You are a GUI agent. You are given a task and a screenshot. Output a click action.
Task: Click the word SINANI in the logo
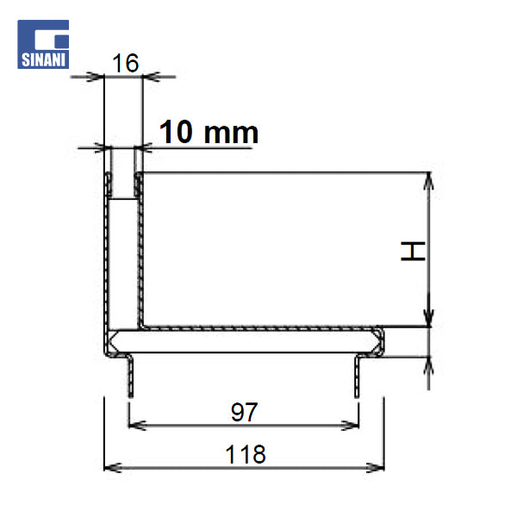(43, 60)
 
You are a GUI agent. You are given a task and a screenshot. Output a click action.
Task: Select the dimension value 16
(125, 63)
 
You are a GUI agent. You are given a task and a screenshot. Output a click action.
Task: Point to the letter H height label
(414, 252)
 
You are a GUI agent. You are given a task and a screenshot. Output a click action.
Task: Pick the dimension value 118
(245, 453)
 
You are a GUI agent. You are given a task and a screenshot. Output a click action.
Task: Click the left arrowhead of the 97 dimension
(134, 424)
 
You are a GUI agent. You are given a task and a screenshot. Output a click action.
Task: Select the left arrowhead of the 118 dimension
(110, 467)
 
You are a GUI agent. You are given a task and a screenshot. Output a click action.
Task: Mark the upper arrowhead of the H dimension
(428, 180)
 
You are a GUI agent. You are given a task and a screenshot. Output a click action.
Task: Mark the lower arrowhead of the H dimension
(428, 320)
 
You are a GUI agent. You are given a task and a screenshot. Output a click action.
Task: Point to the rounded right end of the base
(380, 340)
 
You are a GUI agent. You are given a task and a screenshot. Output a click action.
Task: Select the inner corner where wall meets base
(142, 327)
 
